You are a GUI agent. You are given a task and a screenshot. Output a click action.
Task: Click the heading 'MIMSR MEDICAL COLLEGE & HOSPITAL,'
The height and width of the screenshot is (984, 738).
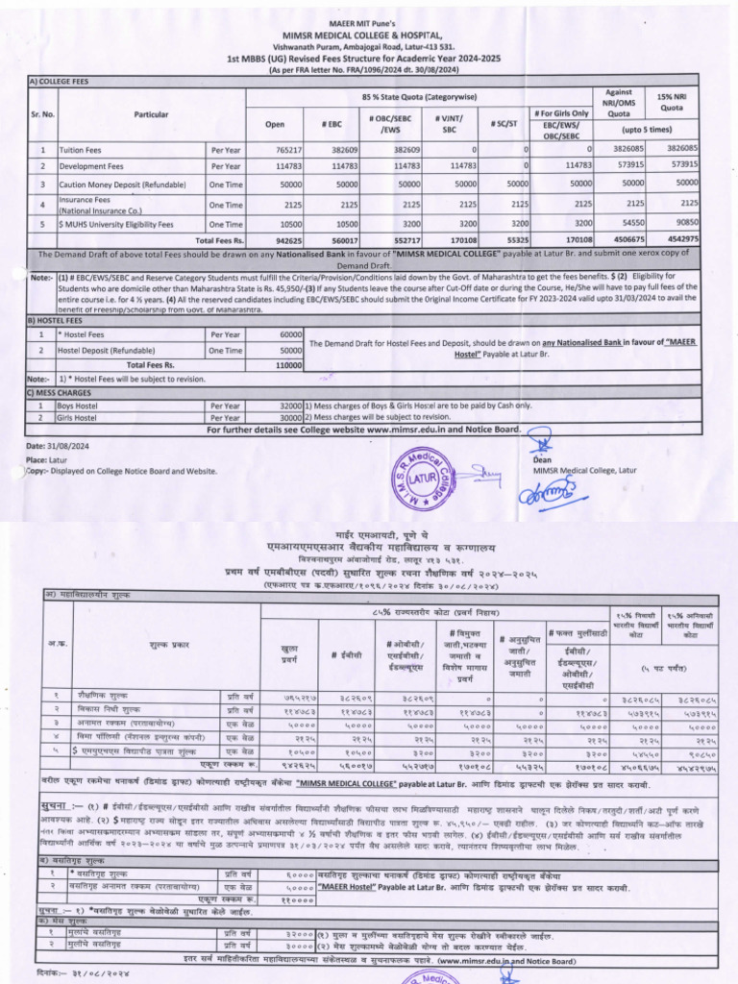368,34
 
